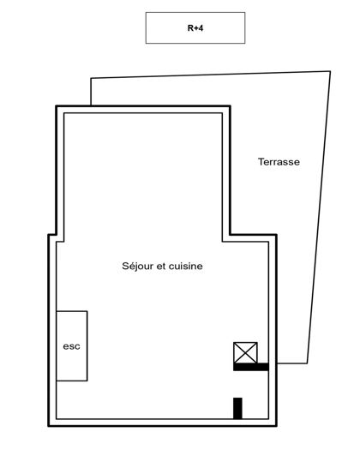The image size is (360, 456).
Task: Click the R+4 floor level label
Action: pos(195,27)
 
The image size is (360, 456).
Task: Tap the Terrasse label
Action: pos(279,161)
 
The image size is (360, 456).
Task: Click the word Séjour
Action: pos(139,267)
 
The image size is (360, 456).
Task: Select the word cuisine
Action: pos(185,267)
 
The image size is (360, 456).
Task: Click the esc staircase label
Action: pos(71,346)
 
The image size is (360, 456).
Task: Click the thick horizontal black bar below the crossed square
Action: pos(250,367)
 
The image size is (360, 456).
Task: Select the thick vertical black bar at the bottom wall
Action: pos(237,408)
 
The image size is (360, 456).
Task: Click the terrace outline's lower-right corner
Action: pos(307,363)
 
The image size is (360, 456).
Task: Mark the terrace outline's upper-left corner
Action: pos(91,80)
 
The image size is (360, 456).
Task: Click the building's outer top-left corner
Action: pos(57,106)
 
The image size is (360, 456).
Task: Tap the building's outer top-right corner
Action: pos(230,106)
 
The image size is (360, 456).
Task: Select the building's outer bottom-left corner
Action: pos(48,425)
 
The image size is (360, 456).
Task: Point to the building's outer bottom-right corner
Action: pos(276,425)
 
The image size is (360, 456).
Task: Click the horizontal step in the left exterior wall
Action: pos(52,237)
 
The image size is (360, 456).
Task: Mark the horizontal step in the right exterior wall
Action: pos(253,237)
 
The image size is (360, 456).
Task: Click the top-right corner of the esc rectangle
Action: pos(87,311)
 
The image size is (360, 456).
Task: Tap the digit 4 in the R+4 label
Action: pos(200,27)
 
